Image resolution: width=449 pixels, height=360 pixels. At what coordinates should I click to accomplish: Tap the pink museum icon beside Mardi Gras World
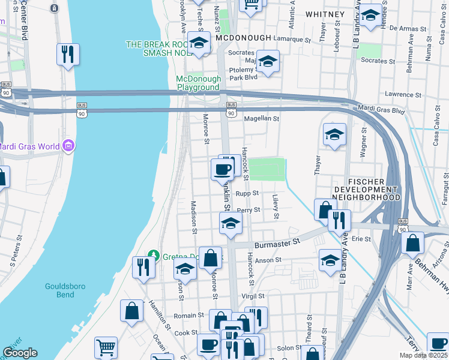point(68,146)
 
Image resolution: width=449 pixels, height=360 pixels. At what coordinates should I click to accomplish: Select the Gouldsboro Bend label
point(59,290)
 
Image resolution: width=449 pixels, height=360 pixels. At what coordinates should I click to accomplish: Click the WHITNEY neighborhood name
point(325,14)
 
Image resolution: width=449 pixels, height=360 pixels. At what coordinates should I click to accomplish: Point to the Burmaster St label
point(277,242)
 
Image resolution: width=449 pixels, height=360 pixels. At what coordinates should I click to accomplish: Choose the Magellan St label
point(261,119)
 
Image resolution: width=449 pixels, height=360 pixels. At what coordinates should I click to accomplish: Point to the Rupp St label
point(247,193)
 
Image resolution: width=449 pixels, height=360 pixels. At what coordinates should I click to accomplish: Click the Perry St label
point(249,210)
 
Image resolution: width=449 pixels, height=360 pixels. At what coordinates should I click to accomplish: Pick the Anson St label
point(268,260)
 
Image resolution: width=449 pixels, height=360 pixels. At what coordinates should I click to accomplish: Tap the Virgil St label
point(253,296)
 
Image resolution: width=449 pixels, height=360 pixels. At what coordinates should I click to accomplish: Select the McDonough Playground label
point(198,83)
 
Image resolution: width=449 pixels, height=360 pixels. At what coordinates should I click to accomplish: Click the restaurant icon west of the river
point(68,54)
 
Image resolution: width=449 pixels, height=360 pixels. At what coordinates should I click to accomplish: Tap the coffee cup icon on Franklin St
point(223,169)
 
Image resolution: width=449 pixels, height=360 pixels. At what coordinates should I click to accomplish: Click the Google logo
point(20,353)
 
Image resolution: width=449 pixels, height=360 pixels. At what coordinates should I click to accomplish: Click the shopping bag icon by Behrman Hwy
point(413,244)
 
